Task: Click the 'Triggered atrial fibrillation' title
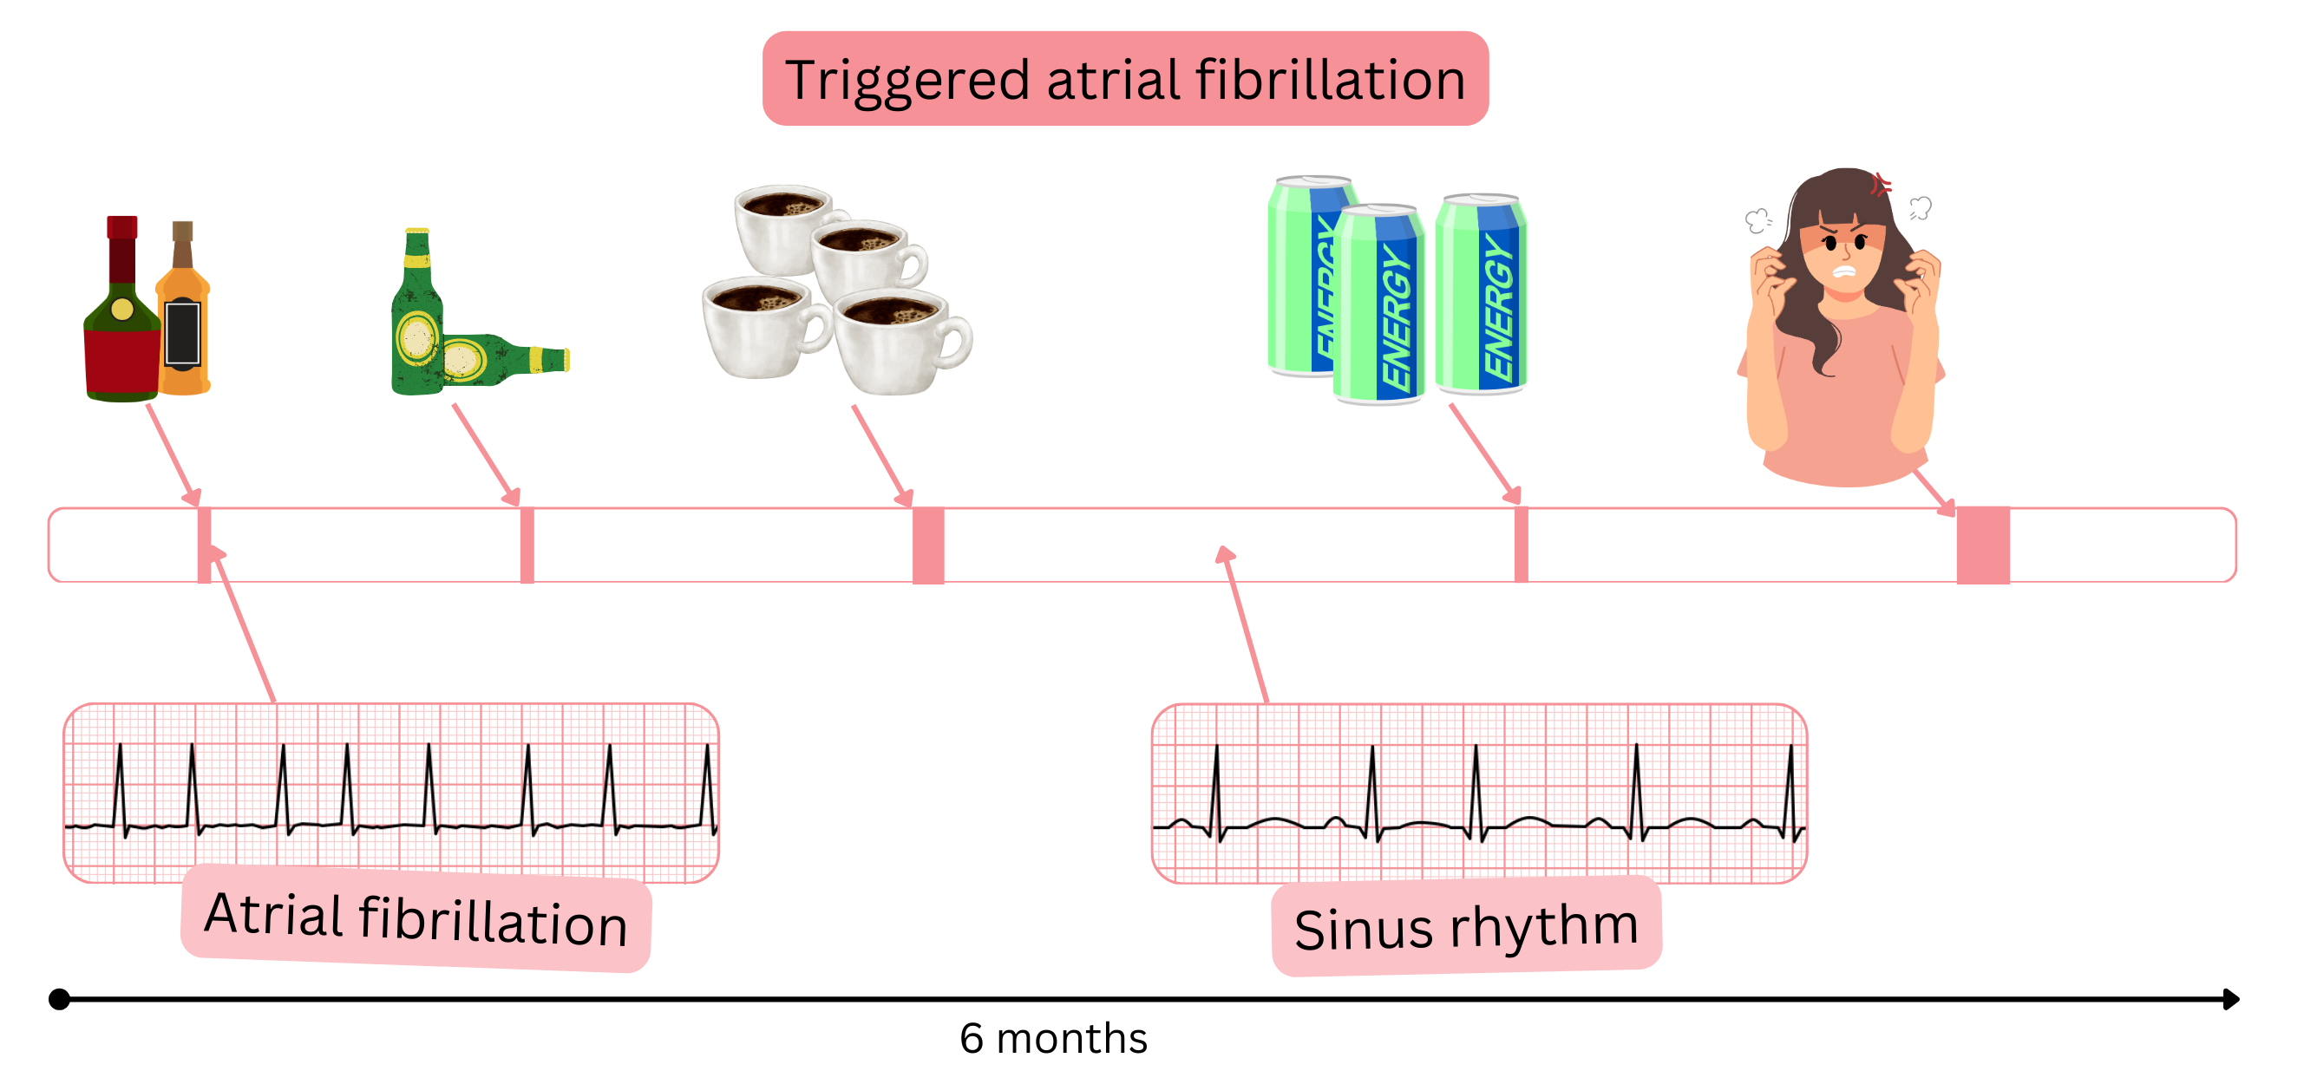point(1124,79)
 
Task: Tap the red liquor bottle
point(121,331)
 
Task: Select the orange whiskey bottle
point(183,331)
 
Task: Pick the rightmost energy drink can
point(1481,295)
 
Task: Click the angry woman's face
point(1844,251)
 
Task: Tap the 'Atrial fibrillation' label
point(416,918)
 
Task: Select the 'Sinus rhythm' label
point(1466,925)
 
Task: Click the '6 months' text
point(1053,1038)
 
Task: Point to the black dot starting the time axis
point(59,998)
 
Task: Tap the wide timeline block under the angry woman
point(1983,545)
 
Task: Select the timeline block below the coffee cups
point(927,545)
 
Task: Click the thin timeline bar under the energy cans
point(1521,545)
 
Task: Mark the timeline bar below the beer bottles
point(527,545)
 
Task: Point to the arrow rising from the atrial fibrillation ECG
point(243,626)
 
